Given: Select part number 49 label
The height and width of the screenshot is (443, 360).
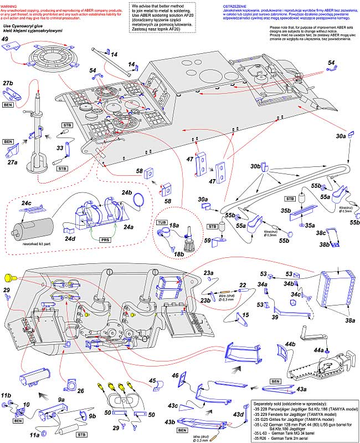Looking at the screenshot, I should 5,39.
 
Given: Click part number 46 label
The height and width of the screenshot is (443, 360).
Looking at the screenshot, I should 175,376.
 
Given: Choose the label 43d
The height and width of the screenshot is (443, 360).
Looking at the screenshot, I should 238,415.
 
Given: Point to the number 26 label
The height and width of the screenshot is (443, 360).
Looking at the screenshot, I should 80,391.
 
